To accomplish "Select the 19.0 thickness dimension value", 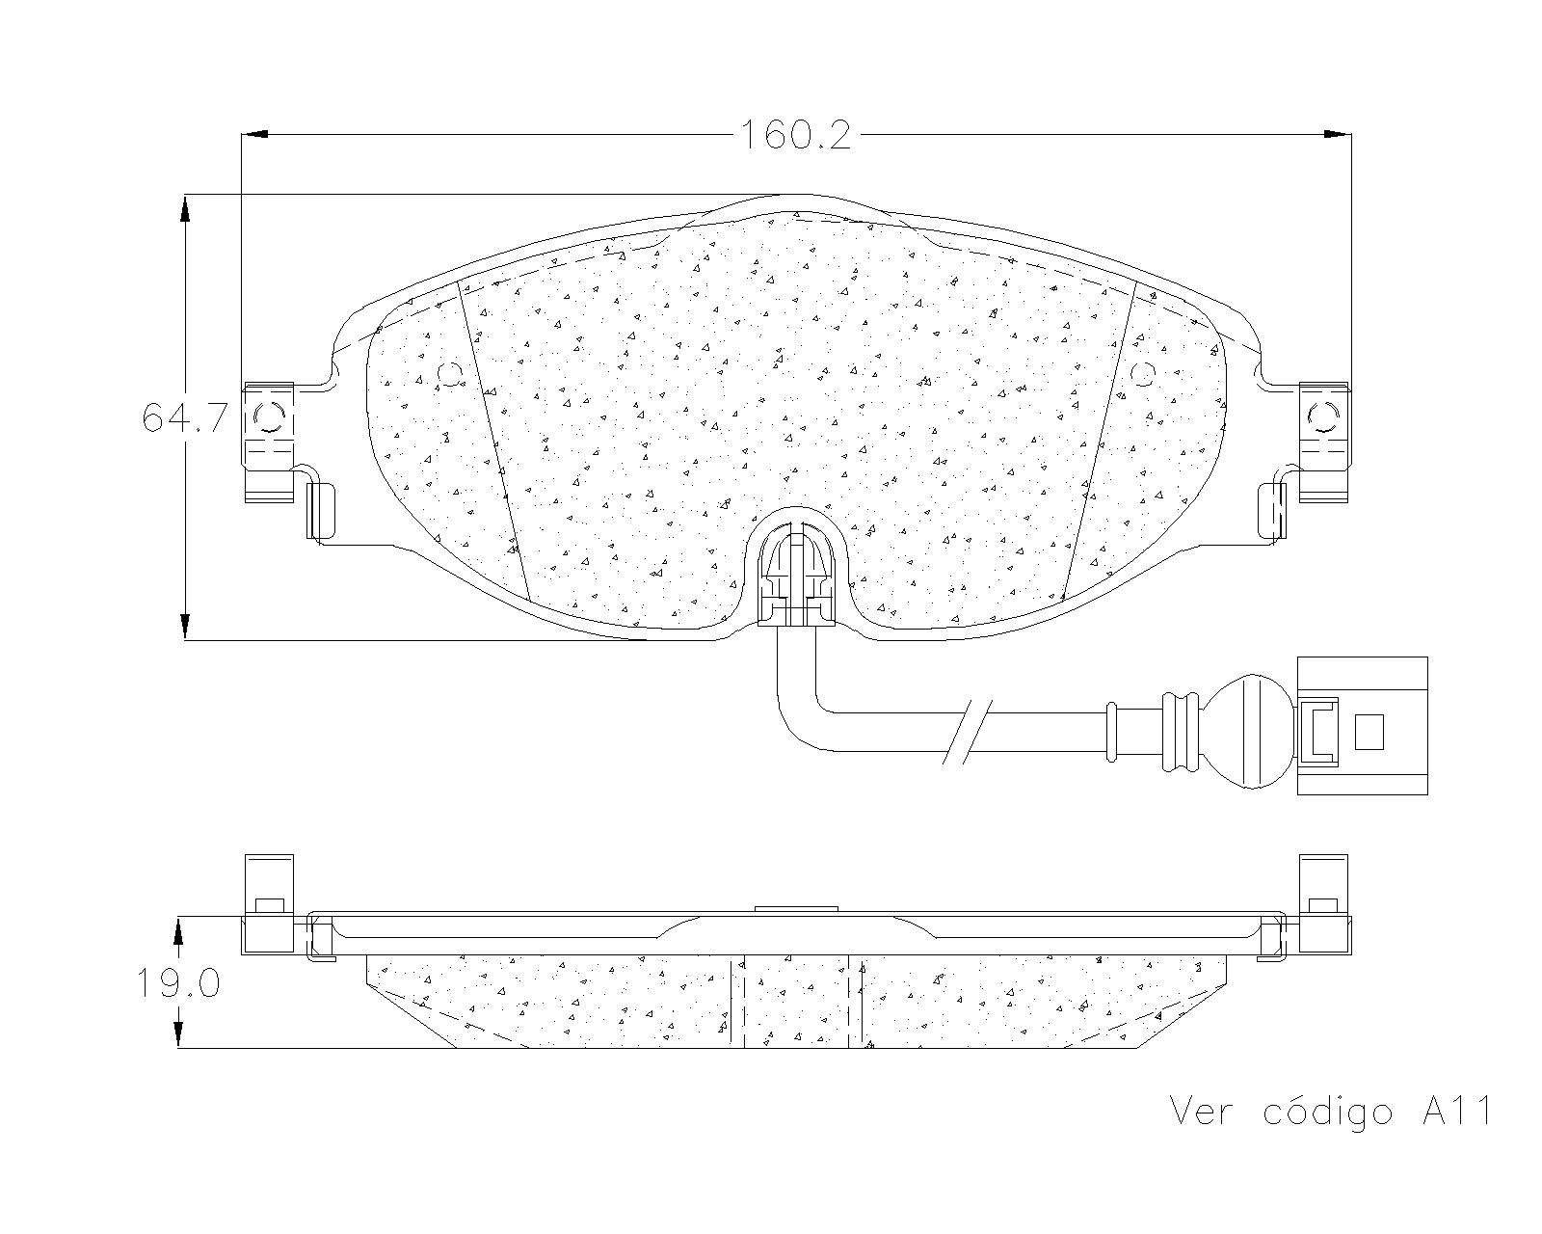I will point(177,984).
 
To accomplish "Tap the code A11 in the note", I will point(1456,1112).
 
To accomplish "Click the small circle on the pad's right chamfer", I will point(1142,374).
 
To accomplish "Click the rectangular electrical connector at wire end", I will point(1362,725).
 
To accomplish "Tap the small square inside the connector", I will point(1369,732).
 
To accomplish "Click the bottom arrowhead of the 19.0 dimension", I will point(178,1034).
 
